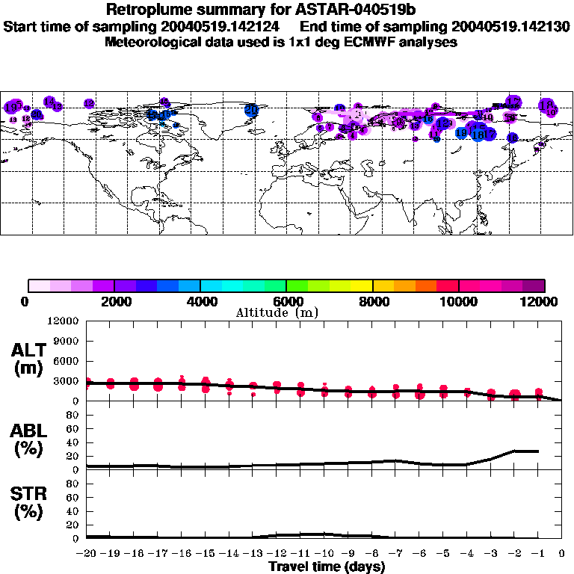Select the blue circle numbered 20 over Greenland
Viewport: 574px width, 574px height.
click(x=251, y=110)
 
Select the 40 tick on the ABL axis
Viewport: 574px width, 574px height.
click(x=73, y=442)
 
